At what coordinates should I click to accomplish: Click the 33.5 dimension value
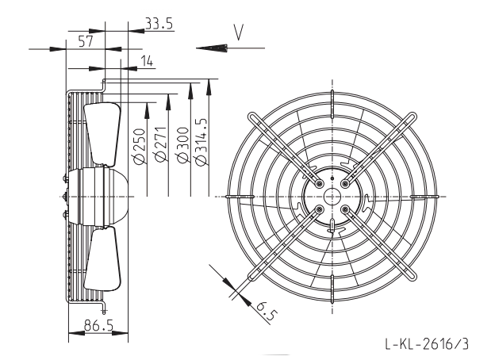159,23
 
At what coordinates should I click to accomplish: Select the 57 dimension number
86,41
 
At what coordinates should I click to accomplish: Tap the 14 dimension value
147,61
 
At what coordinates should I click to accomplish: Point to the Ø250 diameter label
140,146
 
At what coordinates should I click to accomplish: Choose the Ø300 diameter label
183,145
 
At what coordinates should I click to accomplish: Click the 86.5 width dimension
98,325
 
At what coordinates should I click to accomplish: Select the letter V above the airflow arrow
239,33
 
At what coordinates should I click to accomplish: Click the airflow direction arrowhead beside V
212,48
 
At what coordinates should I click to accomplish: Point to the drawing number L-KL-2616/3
427,343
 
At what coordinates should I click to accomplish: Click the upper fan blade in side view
102,134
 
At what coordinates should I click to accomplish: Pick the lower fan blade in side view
103,259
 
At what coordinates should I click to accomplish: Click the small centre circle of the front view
332,196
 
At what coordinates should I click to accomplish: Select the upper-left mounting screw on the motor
320,183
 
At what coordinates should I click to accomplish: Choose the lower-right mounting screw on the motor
345,209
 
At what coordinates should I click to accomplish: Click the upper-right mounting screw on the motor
345,183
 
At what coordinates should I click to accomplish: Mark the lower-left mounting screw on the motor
320,209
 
